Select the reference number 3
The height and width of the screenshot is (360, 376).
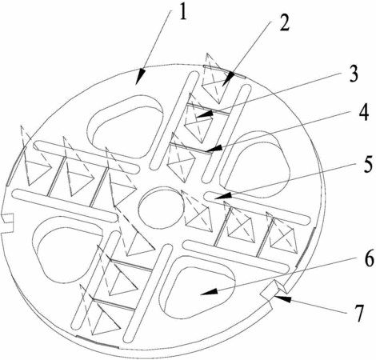click(x=354, y=73)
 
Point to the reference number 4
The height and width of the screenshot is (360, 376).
click(x=363, y=112)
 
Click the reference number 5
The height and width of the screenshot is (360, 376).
click(x=367, y=164)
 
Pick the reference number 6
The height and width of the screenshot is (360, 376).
click(x=369, y=258)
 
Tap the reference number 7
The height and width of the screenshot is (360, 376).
click(x=359, y=313)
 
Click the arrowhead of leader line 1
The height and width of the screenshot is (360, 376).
click(x=140, y=77)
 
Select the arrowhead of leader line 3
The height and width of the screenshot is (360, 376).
click(x=205, y=114)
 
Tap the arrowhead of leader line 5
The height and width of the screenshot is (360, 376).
click(x=222, y=196)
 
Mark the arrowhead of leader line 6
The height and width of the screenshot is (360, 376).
click(x=209, y=293)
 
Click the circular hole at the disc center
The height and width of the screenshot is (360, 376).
click(x=161, y=208)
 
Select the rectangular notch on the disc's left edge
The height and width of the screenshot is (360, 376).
click(x=7, y=223)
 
